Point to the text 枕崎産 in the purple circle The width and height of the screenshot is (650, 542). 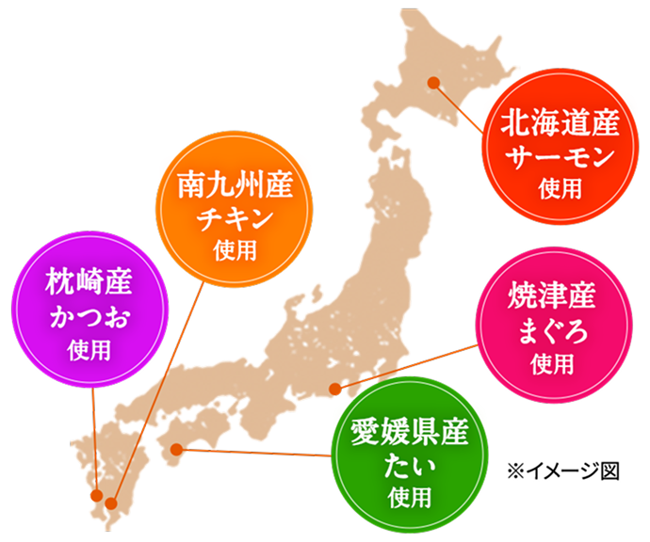tap(89, 283)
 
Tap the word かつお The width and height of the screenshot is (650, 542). tap(89, 316)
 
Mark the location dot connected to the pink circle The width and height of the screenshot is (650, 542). tap(334, 389)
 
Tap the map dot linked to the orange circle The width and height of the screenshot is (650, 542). tap(111, 503)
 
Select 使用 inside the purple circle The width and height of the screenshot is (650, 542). tap(89, 349)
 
